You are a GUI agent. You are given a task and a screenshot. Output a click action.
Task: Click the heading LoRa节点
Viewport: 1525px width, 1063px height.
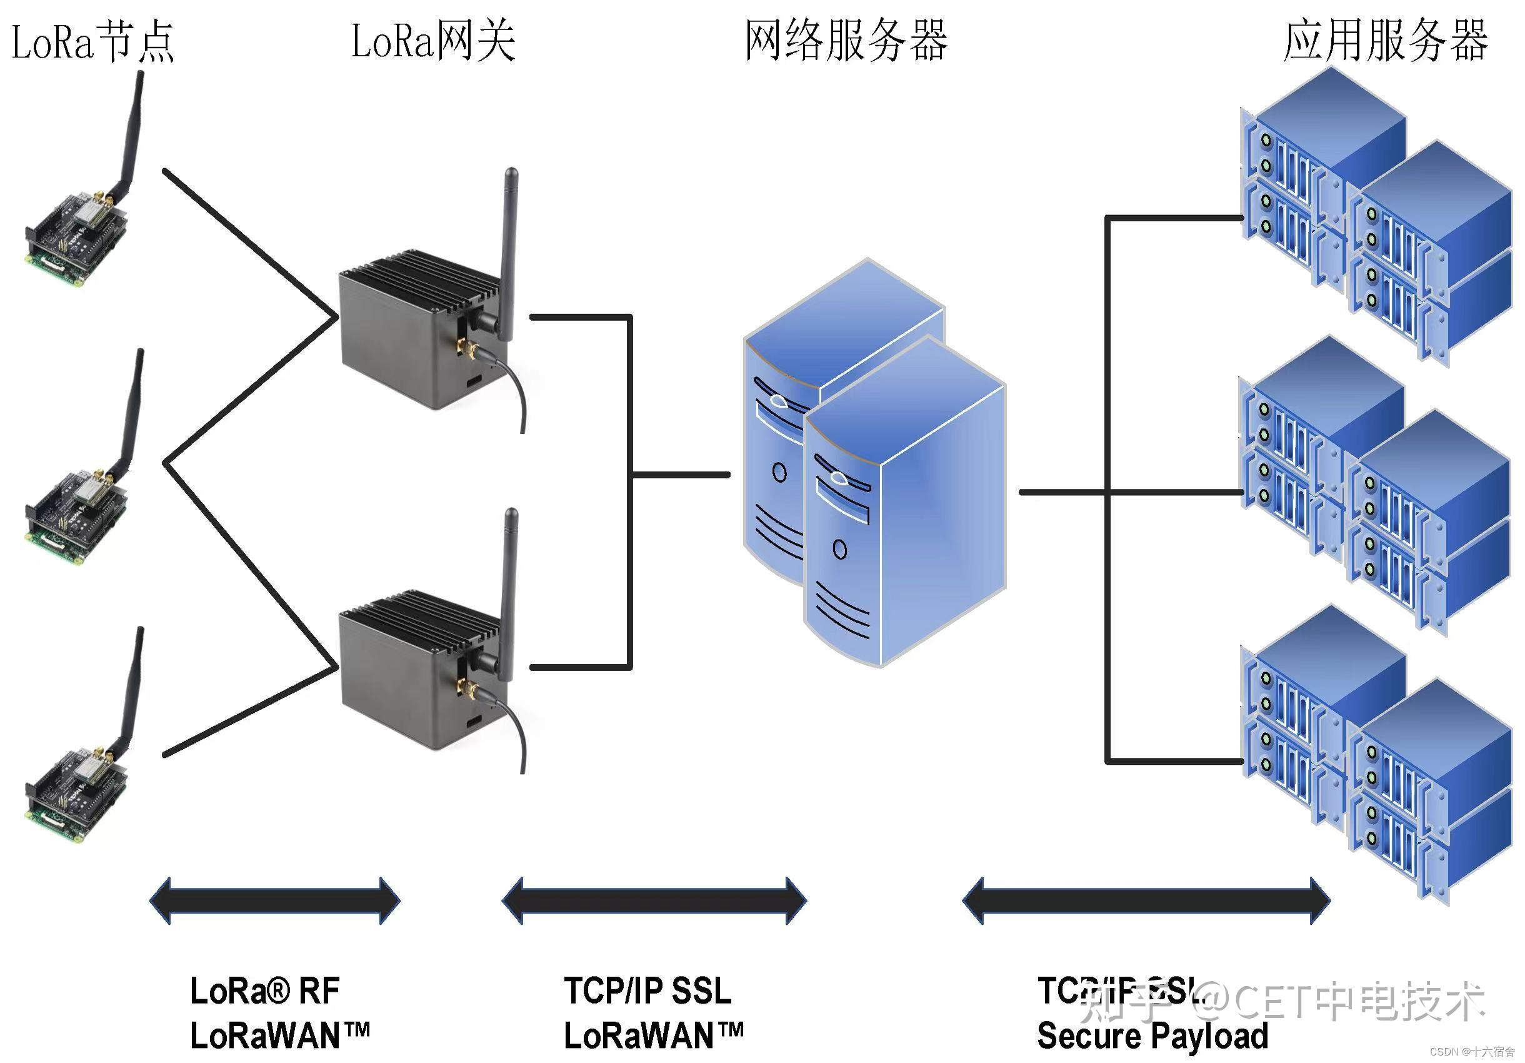pyautogui.click(x=93, y=41)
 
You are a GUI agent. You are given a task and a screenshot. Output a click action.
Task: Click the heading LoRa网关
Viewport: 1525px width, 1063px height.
pyautogui.click(x=433, y=41)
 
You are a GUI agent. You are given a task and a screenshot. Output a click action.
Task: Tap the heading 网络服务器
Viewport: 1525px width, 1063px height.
pyautogui.click(x=845, y=41)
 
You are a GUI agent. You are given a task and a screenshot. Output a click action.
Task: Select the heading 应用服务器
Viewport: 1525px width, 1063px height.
pyautogui.click(x=1386, y=41)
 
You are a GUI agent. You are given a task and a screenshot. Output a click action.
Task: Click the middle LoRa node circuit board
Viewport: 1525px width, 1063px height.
pyautogui.click(x=76, y=515)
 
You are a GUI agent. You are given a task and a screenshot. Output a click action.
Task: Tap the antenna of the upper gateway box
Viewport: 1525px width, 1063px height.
pyautogui.click(x=509, y=253)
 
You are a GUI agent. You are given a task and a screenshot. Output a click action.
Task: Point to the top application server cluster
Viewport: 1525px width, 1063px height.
pyautogui.click(x=1375, y=219)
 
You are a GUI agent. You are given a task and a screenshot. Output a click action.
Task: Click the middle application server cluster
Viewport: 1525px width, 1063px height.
pyautogui.click(x=1375, y=488)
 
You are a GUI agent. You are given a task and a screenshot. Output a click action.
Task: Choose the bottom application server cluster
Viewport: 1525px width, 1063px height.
pyautogui.click(x=1375, y=757)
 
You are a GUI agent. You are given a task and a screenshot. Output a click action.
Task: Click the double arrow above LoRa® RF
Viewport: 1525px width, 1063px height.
pyautogui.click(x=275, y=901)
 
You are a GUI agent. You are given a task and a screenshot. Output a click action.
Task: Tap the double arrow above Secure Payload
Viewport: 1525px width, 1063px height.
pyautogui.click(x=1146, y=901)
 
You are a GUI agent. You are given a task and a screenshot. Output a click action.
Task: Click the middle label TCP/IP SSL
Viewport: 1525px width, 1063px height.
pyautogui.click(x=647, y=990)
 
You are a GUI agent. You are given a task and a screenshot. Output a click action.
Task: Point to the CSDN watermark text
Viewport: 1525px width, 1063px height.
pyautogui.click(x=1472, y=1052)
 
